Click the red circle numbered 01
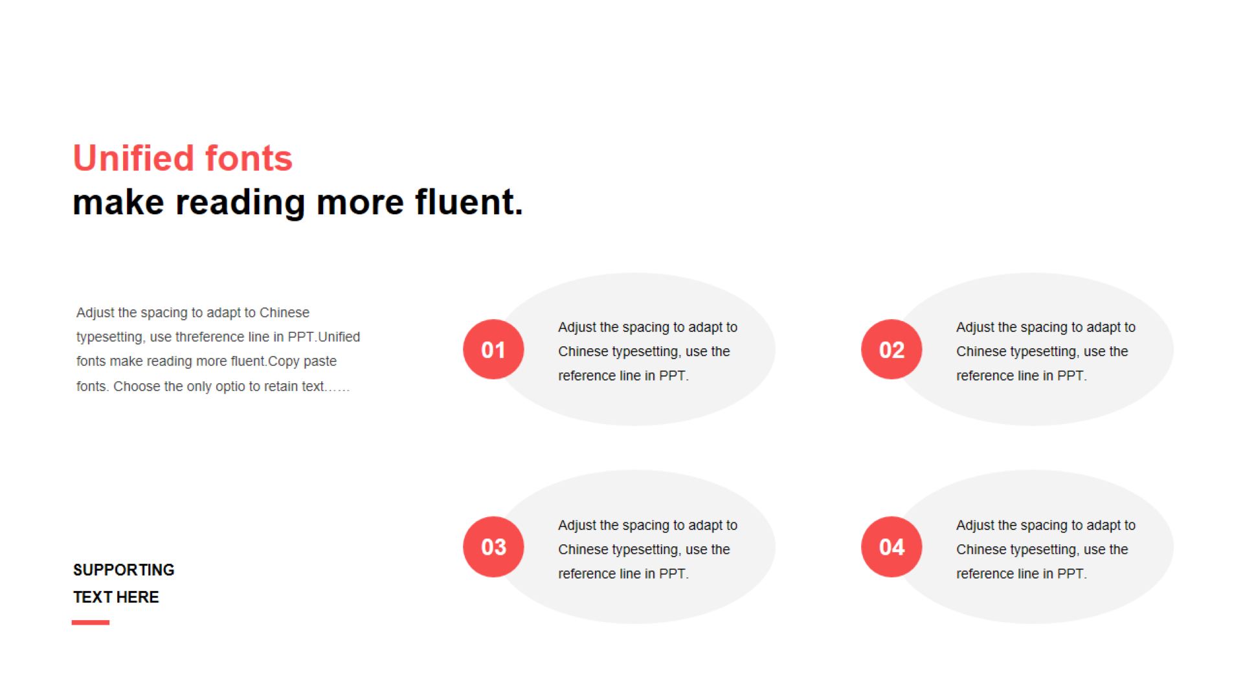pyautogui.click(x=493, y=349)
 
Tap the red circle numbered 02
pyautogui.click(x=891, y=349)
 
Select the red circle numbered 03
pyautogui.click(x=493, y=547)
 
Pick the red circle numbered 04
pyautogui.click(x=891, y=547)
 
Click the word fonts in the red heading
pyautogui.click(x=249, y=158)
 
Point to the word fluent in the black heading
pyautogui.click(x=464, y=202)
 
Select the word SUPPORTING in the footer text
pyautogui.click(x=124, y=570)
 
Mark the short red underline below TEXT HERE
pyautogui.click(x=91, y=623)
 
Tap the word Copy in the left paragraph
pyautogui.click(x=284, y=362)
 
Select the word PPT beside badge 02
pyautogui.click(x=1071, y=376)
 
